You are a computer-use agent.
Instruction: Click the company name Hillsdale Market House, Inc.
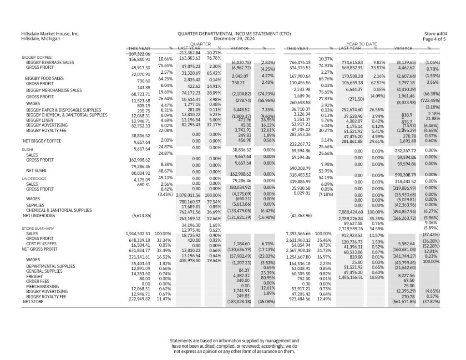coord(50,34)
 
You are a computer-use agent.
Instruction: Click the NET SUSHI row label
coord(33,171)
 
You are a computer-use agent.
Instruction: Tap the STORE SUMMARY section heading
coord(38,228)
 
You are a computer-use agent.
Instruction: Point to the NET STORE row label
coord(33,301)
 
